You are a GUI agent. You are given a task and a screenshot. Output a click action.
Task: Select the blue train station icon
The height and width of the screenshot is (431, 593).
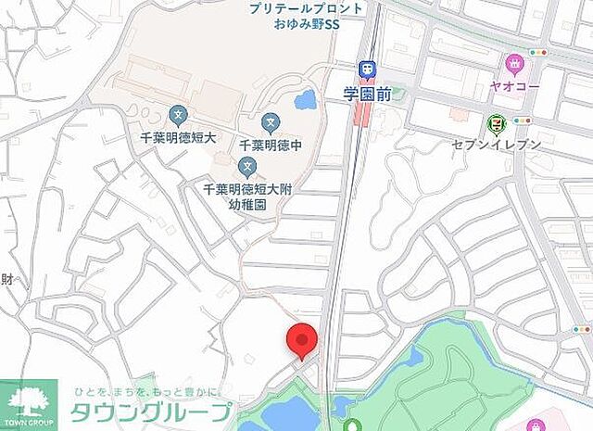coord(367,69)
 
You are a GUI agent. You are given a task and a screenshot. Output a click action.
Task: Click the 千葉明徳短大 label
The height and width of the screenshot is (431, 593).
coord(177,137)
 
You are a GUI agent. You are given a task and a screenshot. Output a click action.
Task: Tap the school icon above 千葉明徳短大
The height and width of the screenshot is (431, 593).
coord(177,116)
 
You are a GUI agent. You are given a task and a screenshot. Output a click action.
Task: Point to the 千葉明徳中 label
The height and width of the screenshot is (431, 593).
coord(271,145)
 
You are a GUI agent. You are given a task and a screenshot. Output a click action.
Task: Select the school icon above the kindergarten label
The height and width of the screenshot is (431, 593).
coord(247,168)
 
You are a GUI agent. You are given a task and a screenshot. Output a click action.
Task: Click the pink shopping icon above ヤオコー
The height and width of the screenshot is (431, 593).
coord(514,64)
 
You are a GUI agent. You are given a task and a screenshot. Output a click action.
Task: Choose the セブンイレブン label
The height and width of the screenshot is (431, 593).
coord(496,145)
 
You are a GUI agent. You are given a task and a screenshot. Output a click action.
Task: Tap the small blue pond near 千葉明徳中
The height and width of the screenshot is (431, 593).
coord(304,101)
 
